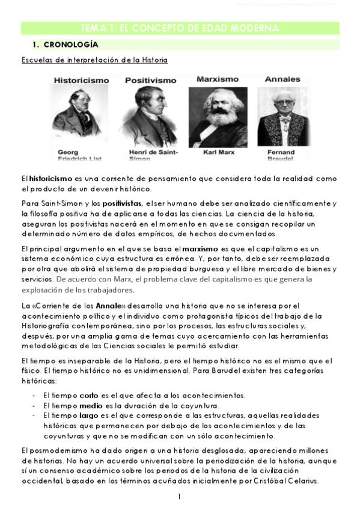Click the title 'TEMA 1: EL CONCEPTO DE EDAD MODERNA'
tap(180, 29)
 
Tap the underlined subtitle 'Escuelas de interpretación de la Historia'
tap(94, 60)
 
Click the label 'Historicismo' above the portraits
tap(82, 80)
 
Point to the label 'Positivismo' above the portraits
tap(150, 81)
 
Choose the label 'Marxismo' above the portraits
tap(218, 79)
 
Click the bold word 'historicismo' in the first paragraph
tap(51, 179)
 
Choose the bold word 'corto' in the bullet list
tap(88, 395)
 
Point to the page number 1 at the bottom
tap(179, 497)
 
